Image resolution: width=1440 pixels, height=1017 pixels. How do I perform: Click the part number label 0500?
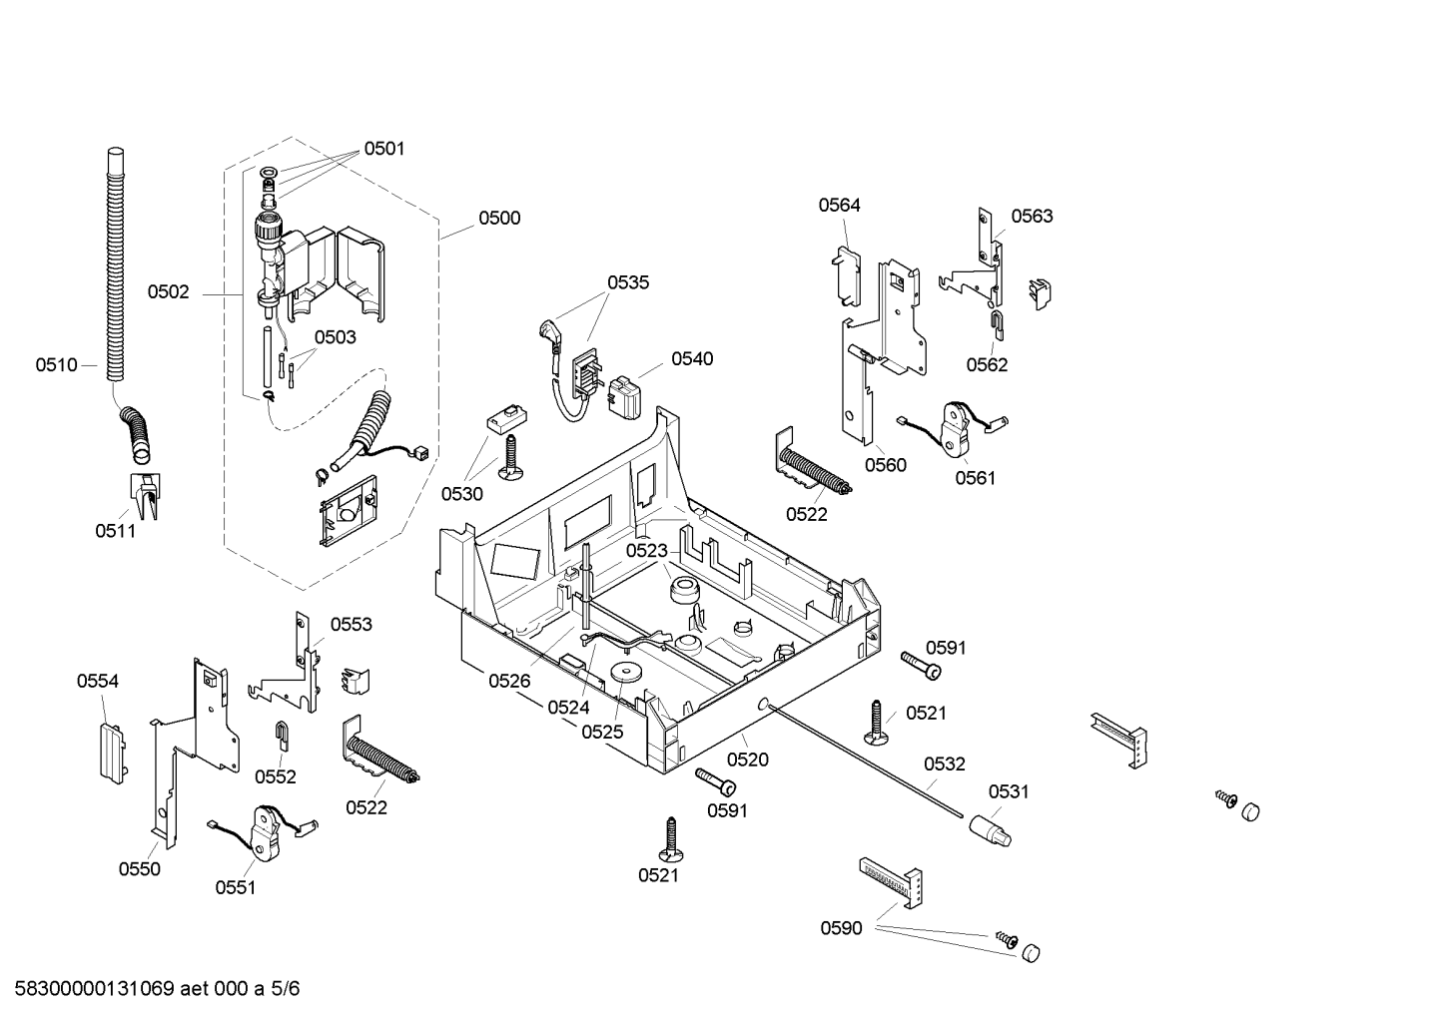point(499,218)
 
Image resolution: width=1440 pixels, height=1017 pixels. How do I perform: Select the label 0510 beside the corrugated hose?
point(57,365)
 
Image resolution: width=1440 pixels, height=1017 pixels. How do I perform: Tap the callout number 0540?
point(692,358)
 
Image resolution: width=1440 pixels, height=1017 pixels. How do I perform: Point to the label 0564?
point(839,205)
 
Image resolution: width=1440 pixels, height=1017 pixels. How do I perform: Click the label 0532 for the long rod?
point(945,763)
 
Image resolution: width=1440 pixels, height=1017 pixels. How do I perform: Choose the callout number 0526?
point(509,681)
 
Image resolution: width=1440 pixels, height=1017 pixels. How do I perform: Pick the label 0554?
point(98,681)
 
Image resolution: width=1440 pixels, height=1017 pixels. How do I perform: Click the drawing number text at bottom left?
point(157,989)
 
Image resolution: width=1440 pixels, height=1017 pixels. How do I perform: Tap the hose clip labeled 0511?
point(145,496)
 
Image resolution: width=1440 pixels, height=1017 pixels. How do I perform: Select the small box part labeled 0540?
point(623,397)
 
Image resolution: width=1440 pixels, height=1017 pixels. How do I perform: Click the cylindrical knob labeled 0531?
point(991,830)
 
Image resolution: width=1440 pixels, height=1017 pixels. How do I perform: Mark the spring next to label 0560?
point(812,468)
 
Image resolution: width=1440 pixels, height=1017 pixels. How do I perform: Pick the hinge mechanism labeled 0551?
point(265,833)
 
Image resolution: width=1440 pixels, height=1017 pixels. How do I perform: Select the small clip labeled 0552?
point(282,735)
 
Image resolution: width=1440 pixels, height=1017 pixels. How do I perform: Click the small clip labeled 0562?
point(996,325)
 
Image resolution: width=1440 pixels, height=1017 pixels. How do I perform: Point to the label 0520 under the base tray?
point(748,761)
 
